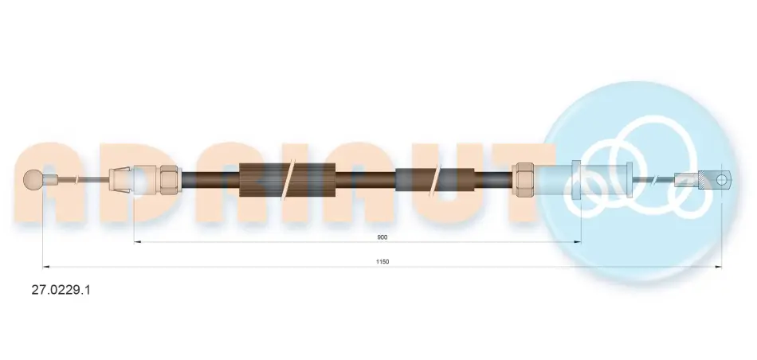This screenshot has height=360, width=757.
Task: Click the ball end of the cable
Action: pyautogui.click(x=33, y=179)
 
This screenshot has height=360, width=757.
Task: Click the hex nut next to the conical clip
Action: pyautogui.click(x=169, y=179)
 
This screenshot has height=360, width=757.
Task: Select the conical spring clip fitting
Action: pyautogui.click(x=120, y=179)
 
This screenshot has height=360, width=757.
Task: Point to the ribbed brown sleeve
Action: pyautogui.click(x=287, y=179)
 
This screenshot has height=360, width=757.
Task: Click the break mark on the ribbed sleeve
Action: pyautogui.click(x=290, y=179)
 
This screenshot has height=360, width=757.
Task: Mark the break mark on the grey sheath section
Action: pyautogui.click(x=437, y=179)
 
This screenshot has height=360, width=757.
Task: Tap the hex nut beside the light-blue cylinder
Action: pyautogui.click(x=523, y=179)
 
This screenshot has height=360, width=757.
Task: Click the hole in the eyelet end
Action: pyautogui.click(x=721, y=180)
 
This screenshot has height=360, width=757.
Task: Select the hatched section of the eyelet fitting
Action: pyautogui.click(x=704, y=179)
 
